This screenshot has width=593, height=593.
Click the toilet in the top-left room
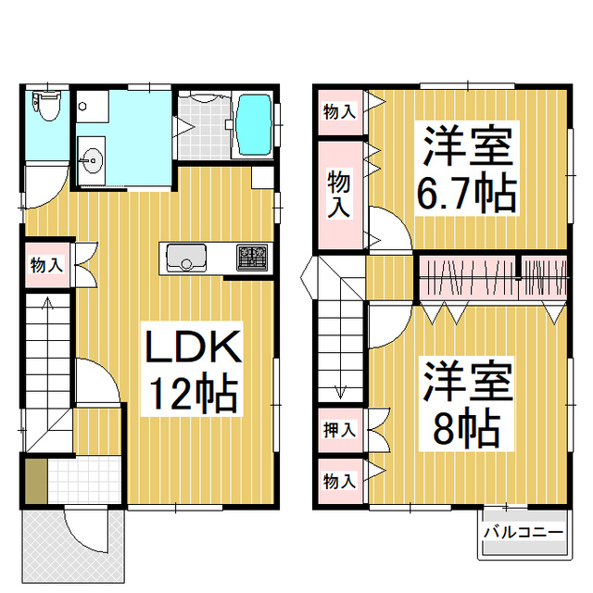tap(45, 106)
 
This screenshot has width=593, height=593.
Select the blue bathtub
tap(252, 126)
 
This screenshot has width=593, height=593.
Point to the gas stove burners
tap(251, 256)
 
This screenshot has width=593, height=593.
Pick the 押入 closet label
tap(339, 430)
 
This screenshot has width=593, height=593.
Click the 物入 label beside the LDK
tap(46, 265)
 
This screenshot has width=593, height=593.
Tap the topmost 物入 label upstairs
tap(339, 111)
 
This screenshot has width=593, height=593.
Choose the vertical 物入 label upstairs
tap(339, 195)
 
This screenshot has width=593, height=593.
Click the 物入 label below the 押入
tap(339, 481)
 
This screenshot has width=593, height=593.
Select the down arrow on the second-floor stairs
tap(340, 389)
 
